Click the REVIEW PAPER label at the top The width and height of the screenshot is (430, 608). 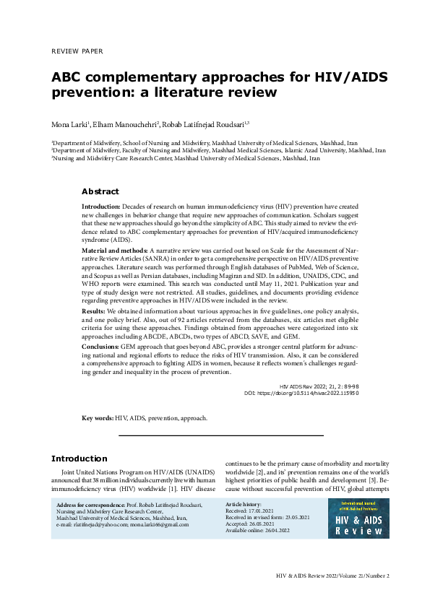click(x=77, y=51)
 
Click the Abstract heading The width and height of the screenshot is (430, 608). click(x=100, y=192)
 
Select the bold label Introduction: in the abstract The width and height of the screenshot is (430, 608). click(x=100, y=207)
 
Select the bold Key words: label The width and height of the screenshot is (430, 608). click(x=97, y=418)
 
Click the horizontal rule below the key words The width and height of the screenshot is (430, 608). click(x=220, y=435)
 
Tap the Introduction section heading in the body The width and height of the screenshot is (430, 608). click(x=79, y=459)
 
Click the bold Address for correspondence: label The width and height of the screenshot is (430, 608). click(x=95, y=504)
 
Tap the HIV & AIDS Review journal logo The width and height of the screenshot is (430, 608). click(x=358, y=518)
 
